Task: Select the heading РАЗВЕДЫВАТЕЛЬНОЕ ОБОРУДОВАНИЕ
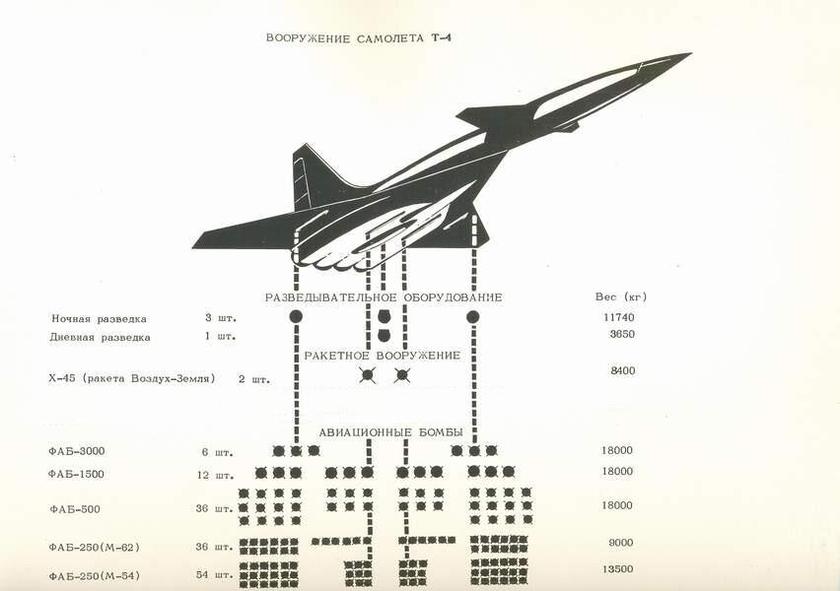pos(384,297)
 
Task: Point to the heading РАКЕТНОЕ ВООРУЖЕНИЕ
pos(384,355)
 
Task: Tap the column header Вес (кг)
pos(621,296)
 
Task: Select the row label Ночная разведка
pos(99,319)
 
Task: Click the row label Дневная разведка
pos(100,337)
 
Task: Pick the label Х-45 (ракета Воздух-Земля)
pos(132,377)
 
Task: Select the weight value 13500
pos(616,568)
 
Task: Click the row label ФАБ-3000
pos(77,451)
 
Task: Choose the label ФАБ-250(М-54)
pos(95,575)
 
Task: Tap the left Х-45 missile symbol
pos(368,375)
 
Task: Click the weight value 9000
pos(618,542)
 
